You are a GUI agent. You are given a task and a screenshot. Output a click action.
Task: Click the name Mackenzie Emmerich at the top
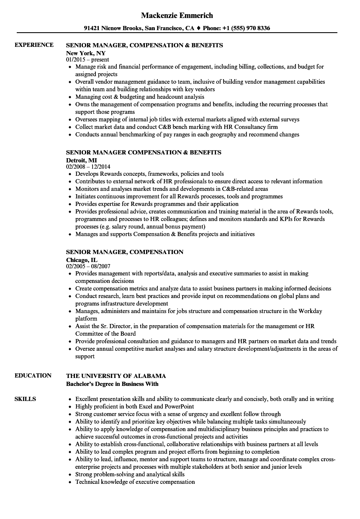click(177, 15)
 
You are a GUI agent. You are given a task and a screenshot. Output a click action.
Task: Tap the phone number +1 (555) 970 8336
click(245, 28)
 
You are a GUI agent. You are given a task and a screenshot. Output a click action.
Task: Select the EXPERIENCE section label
click(34, 45)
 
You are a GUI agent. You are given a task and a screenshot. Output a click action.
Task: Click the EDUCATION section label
click(33, 375)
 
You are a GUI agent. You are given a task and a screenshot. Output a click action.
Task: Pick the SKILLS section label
click(25, 399)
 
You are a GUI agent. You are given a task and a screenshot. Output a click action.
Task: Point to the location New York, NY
click(86, 53)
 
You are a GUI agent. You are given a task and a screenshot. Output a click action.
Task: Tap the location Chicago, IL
click(82, 259)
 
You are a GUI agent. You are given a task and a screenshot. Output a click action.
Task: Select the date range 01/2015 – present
click(87, 59)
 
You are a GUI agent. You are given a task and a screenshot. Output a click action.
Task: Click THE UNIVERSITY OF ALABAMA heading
click(116, 376)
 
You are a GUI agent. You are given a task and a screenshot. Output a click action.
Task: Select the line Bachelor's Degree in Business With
click(112, 383)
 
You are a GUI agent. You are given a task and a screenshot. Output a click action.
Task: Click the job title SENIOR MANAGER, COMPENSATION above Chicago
click(125, 252)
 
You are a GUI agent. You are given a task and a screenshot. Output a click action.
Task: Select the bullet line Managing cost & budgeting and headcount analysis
click(140, 97)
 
